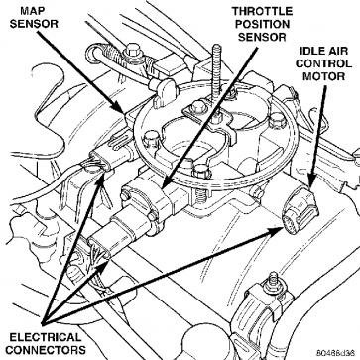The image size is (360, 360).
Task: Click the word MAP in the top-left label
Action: point(32,11)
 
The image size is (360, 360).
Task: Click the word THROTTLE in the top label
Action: point(262,11)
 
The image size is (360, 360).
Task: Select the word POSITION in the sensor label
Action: point(262,24)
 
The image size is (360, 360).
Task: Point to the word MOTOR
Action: point(324,76)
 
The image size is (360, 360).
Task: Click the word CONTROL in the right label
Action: point(323,63)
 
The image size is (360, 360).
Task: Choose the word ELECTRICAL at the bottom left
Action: point(46,337)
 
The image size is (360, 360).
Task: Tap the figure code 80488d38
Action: point(336,353)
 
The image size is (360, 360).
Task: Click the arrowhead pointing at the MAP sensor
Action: point(120,108)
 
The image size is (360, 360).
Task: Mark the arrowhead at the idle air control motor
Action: point(311,181)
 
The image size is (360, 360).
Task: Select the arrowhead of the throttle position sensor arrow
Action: point(168,182)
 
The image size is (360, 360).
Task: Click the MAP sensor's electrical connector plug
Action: point(101,160)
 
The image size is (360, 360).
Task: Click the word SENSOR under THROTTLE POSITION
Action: point(262,37)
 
